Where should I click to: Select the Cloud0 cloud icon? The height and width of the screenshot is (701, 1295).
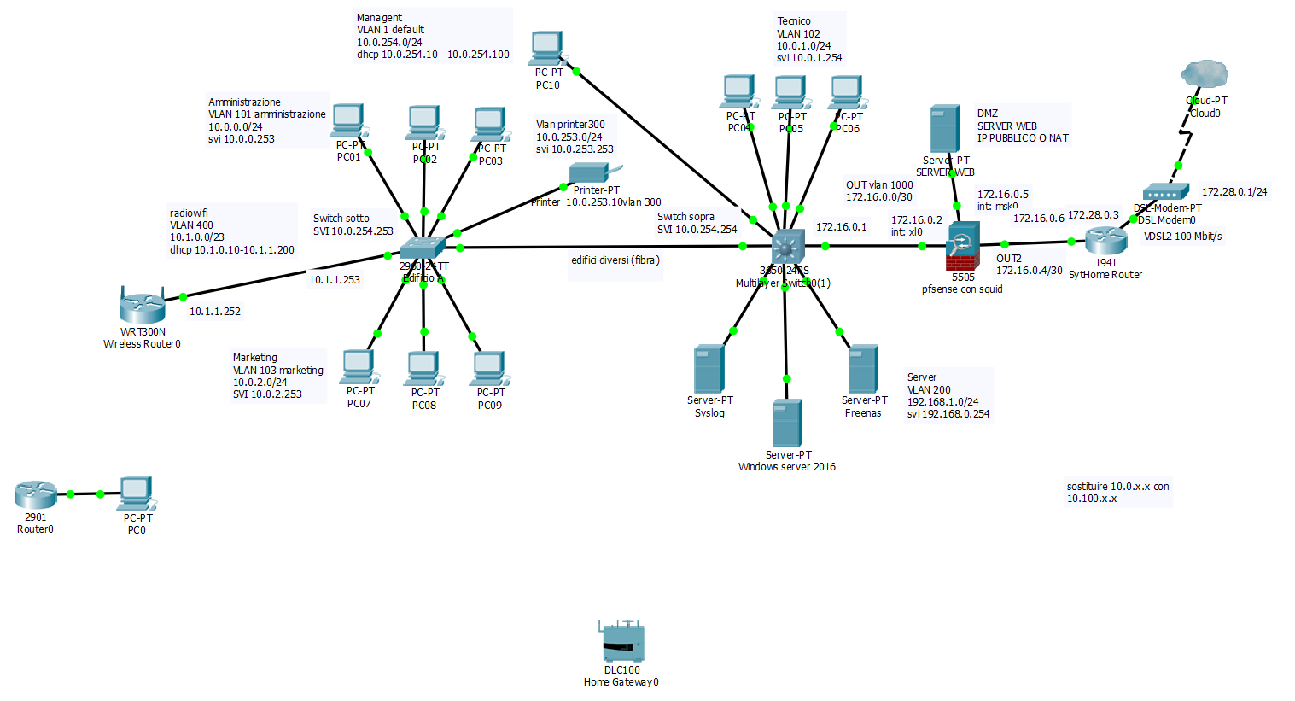tap(1205, 75)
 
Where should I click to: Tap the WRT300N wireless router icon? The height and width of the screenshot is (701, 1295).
tap(142, 306)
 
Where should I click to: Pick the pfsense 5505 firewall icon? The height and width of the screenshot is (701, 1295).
tap(963, 246)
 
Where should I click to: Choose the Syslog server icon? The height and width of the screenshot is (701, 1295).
tap(709, 369)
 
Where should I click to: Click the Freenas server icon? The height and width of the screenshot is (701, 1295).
tap(863, 369)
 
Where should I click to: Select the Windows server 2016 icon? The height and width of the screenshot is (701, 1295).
tap(786, 424)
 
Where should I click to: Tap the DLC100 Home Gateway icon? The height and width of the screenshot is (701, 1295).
tap(621, 642)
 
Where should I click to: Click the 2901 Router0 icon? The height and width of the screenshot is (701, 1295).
tap(35, 495)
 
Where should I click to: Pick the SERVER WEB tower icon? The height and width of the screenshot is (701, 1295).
tap(945, 129)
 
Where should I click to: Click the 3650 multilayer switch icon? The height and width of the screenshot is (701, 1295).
tap(787, 247)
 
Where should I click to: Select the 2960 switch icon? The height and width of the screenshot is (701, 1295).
tap(423, 248)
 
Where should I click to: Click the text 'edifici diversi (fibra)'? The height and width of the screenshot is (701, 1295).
tap(615, 260)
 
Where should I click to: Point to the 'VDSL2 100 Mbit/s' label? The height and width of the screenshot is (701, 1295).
tap(1182, 237)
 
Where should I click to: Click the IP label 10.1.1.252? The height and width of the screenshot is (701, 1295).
tap(215, 312)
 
